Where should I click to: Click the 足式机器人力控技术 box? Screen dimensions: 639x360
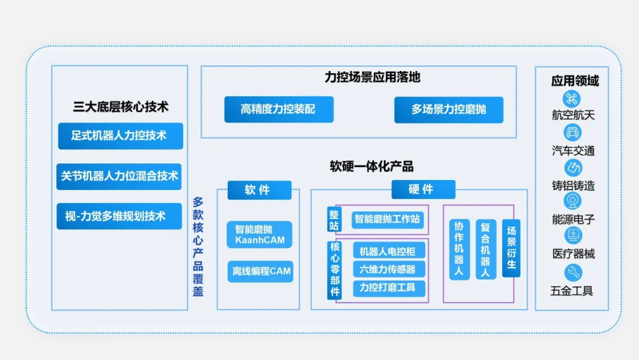point(121,136)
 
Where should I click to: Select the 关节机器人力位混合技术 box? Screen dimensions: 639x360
point(119,176)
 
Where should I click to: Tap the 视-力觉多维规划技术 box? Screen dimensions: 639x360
point(119,216)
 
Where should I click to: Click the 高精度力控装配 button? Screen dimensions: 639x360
point(279,110)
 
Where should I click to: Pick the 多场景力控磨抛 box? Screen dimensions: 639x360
point(448,110)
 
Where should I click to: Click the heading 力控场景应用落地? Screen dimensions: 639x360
point(372,77)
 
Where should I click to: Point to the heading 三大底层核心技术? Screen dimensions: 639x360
point(121,107)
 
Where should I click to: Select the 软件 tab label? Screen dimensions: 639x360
point(260,190)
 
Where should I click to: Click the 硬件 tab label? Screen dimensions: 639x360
point(424,189)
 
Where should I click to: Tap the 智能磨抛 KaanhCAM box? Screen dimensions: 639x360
point(260,234)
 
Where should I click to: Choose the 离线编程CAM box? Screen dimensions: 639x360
point(260,272)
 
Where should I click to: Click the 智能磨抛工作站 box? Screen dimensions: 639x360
point(388,219)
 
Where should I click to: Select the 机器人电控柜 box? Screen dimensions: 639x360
point(389,250)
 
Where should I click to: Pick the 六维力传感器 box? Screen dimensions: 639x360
point(389,269)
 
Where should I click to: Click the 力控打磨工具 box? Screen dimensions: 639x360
point(389,288)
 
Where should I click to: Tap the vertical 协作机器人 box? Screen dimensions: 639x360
point(459,249)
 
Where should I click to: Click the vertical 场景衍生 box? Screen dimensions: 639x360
point(511,248)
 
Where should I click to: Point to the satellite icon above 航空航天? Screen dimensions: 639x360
point(572,99)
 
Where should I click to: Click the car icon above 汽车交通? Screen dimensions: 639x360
point(572,133)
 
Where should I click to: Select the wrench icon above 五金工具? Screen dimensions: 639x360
point(573,273)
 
